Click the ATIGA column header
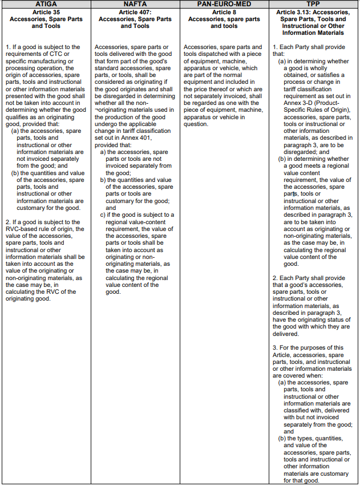[46, 4]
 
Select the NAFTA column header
[135, 4]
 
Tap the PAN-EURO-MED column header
[224, 4]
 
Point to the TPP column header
[314, 4]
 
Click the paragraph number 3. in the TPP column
[275, 347]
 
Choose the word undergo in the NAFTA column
[106, 131]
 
